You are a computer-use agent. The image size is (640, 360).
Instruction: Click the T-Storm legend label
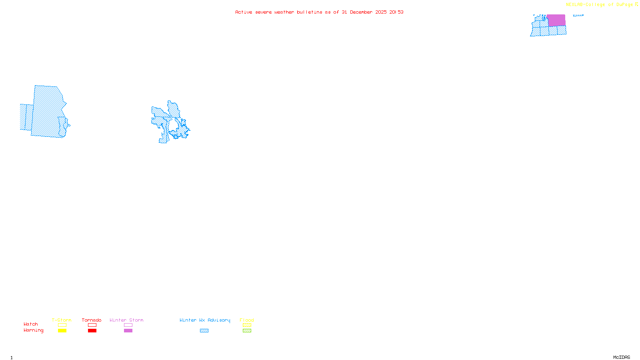62,320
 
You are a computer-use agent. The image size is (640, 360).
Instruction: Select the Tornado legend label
92,320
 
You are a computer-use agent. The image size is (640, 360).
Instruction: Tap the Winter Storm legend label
126,320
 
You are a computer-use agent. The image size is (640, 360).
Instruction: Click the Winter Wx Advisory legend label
205,320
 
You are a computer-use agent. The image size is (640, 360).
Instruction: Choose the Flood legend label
247,320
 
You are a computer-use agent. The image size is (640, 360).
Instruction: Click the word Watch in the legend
31,324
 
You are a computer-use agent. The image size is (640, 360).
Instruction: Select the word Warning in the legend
34,330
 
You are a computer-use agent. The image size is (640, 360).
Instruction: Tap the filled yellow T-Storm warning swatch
62,331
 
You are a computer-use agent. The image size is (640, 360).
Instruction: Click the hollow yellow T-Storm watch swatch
62,325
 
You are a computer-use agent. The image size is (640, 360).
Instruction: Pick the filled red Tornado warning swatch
92,331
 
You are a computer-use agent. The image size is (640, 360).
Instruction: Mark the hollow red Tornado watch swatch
92,325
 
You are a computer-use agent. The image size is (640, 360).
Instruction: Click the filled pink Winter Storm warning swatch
128,331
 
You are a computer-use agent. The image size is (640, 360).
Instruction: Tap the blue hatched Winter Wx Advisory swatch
204,331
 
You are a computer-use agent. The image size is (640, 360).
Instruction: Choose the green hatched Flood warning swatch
247,331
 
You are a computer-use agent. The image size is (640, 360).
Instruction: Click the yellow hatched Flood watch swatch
247,325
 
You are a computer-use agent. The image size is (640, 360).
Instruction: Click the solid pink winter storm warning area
556,20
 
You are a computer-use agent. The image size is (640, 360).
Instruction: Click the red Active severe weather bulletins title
319,12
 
